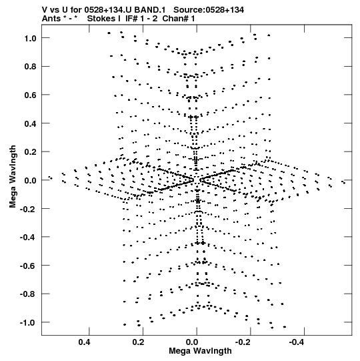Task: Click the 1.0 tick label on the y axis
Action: tap(31, 38)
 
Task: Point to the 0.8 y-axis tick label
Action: tap(31, 67)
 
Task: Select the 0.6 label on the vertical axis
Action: tap(31, 95)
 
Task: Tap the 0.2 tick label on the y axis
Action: tap(31, 152)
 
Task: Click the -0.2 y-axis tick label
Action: tap(28, 209)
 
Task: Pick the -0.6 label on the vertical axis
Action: tap(28, 266)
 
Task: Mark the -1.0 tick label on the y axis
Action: tap(28, 323)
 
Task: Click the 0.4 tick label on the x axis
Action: tap(85, 342)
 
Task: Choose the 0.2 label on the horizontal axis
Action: tap(138, 342)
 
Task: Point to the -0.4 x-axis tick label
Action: tap(297, 342)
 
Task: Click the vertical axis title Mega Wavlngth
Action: tap(13, 177)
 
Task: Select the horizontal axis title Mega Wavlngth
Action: tap(200, 351)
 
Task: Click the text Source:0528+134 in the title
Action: tap(209, 10)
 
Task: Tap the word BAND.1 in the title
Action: tap(150, 10)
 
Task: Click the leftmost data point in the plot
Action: tap(49, 177)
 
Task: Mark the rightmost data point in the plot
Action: tap(345, 183)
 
